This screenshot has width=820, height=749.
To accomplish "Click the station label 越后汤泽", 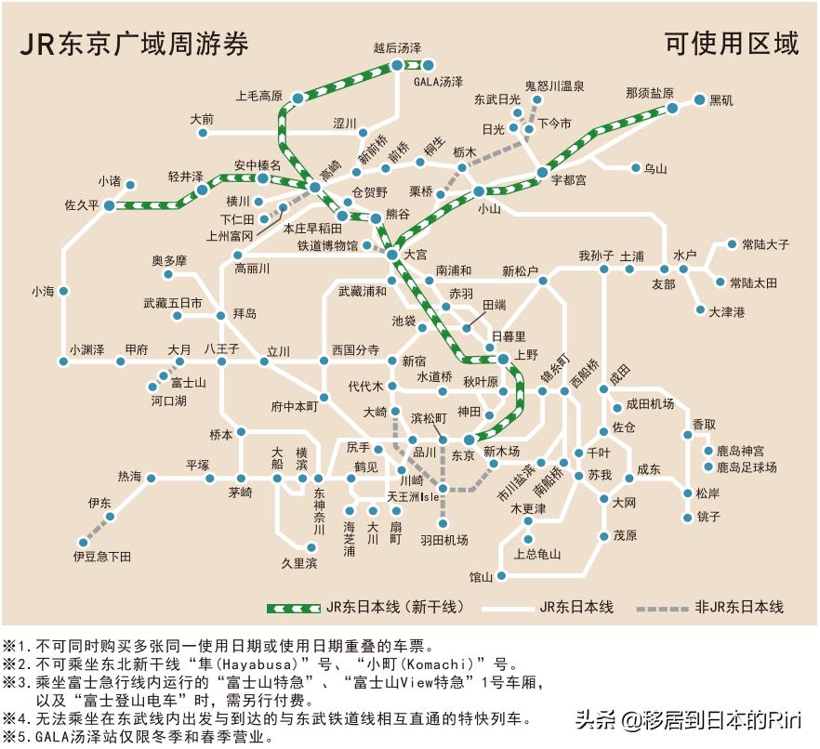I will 397,47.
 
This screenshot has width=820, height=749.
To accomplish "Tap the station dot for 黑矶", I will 699,99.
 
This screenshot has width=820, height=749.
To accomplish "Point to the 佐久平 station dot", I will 109,205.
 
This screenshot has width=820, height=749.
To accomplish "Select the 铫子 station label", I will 708,517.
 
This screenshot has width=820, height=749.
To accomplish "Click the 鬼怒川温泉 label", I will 554,85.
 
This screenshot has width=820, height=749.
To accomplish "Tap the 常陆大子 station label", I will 765,244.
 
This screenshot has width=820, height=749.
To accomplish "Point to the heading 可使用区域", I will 732,44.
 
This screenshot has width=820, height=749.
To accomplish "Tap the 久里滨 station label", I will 299,563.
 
